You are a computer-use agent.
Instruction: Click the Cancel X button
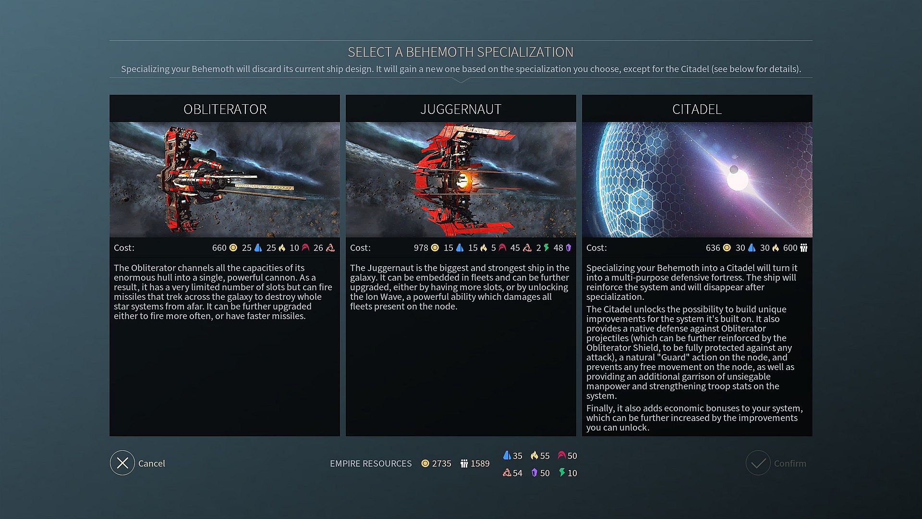[x=122, y=463]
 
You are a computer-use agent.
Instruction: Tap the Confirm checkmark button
[x=758, y=463]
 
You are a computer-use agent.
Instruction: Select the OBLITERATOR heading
[x=225, y=109]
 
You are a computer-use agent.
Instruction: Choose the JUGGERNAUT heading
[x=461, y=109]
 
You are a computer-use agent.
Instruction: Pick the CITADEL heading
[x=697, y=109]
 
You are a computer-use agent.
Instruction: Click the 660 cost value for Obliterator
[x=219, y=248]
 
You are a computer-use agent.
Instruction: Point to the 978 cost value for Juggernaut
[x=421, y=248]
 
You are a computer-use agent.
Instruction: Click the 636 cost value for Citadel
[x=713, y=248]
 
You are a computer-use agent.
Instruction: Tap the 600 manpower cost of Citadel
[x=790, y=248]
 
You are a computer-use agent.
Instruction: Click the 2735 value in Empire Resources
[x=441, y=464]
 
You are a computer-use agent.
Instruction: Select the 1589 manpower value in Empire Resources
[x=480, y=464]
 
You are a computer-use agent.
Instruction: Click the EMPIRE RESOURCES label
[x=371, y=464]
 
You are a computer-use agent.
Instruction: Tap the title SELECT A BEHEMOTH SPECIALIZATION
[x=461, y=52]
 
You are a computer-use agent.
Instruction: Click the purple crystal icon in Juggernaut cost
[x=569, y=248]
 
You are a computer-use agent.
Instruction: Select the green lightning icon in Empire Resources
[x=562, y=473]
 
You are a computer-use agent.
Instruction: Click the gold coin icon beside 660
[x=233, y=248]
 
